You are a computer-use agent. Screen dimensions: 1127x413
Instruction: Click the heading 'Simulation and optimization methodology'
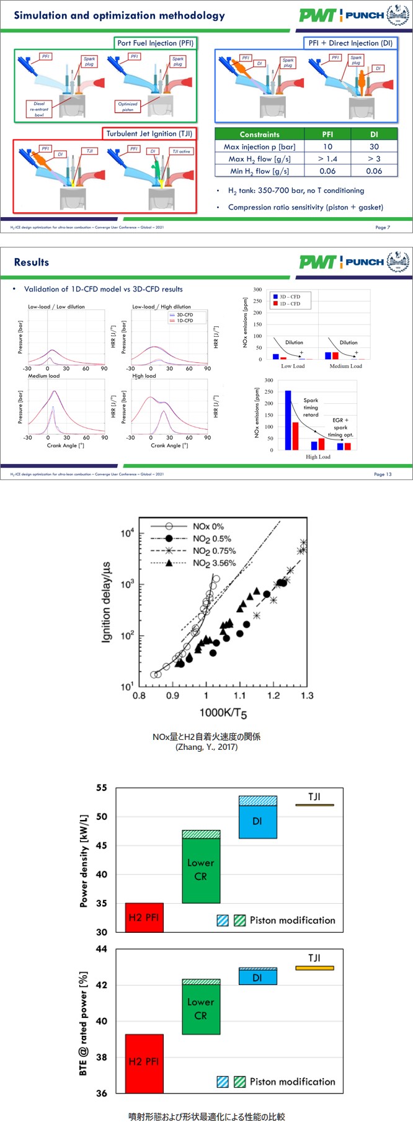[x=119, y=16]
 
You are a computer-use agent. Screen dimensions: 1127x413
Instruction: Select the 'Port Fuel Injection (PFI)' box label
[x=155, y=43]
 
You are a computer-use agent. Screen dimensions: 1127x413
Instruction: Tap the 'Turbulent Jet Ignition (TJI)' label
[x=149, y=133]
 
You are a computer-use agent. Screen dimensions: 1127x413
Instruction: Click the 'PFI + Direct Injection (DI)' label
[x=350, y=43]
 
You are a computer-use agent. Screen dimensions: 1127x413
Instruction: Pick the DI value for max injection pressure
[x=374, y=147]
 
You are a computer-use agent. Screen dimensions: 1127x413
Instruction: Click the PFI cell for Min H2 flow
[x=327, y=171]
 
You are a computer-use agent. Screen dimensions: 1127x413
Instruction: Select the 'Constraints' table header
[x=259, y=135]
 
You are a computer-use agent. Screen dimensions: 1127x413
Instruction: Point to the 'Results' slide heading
[x=32, y=262]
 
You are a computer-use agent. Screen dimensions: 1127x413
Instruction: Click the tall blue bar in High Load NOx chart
[x=288, y=419]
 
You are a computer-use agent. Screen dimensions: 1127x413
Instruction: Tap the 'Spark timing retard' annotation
[x=311, y=408]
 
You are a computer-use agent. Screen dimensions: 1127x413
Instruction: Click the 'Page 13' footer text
[x=383, y=474]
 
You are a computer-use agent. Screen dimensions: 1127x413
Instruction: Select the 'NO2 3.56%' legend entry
[x=214, y=563]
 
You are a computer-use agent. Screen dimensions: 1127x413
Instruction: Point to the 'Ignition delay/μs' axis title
[x=106, y=602]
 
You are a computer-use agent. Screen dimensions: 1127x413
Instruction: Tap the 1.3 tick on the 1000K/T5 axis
[x=306, y=696]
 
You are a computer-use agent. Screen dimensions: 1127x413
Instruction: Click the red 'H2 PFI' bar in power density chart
[x=144, y=917]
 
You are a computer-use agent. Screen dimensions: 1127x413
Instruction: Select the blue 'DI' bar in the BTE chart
[x=257, y=978]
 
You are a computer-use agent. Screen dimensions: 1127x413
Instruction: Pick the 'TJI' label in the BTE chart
[x=314, y=958]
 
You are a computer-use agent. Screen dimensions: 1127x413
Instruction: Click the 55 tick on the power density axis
[x=101, y=788]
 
